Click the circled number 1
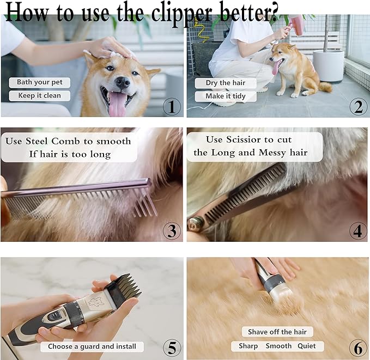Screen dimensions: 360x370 (172, 107)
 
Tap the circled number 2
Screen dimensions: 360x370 (357, 107)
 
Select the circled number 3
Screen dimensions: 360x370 (172, 231)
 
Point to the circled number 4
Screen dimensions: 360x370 (357, 231)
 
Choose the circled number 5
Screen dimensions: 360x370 (172, 347)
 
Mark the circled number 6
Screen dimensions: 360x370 (357, 347)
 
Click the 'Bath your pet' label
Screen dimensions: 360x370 (40, 83)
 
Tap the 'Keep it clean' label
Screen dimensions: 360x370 (40, 96)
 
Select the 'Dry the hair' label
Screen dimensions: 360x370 (226, 83)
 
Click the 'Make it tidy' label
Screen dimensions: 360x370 (226, 96)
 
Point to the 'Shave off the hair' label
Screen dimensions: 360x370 (277, 332)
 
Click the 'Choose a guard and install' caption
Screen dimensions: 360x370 (92, 346)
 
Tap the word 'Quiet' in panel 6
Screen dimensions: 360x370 (306, 346)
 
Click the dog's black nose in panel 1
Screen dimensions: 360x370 (122, 82)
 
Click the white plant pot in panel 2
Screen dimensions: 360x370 (328, 65)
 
